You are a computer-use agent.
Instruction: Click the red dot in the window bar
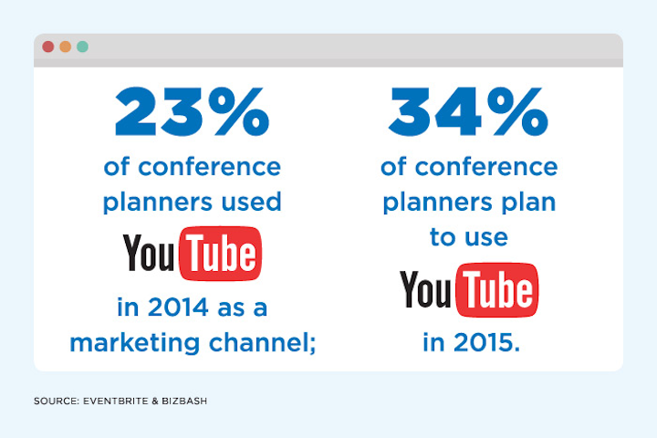click(48, 47)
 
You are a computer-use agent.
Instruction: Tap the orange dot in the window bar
click(66, 47)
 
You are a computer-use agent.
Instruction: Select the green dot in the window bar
click(82, 47)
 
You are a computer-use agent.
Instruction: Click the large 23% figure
click(192, 111)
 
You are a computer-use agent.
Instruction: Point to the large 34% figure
click(468, 111)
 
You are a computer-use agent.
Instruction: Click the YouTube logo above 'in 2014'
click(193, 254)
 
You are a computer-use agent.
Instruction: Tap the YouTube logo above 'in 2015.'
click(469, 290)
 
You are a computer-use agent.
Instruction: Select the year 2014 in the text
click(178, 308)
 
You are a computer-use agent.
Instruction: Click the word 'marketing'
click(134, 343)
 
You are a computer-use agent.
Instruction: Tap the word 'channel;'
click(262, 343)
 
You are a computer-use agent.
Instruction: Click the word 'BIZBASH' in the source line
click(184, 401)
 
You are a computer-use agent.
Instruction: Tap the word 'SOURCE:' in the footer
click(57, 401)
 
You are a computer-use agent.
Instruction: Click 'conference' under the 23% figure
click(210, 167)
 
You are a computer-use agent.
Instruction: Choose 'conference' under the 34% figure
click(486, 167)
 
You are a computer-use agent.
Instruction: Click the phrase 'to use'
click(469, 237)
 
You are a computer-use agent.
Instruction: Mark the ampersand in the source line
click(155, 401)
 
